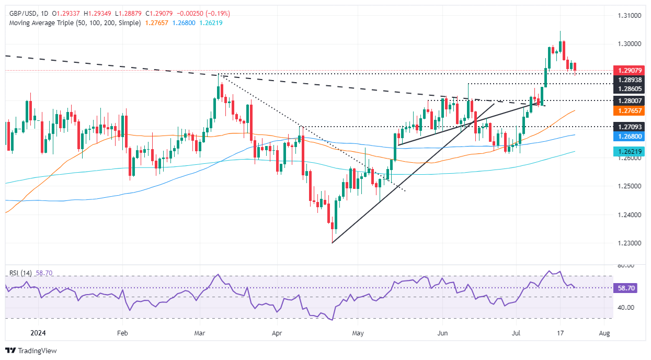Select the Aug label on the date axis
tap(604, 333)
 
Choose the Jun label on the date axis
tap(442, 333)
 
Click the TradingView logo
tap(31, 351)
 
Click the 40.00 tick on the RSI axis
tap(628, 308)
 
